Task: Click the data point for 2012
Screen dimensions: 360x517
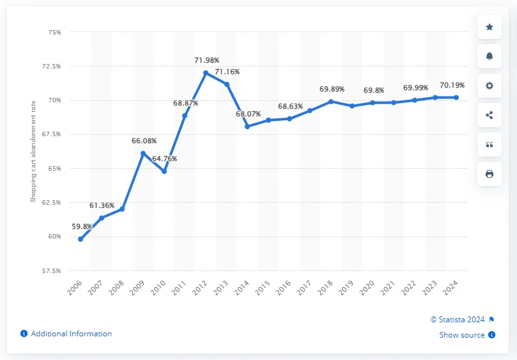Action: click(x=206, y=73)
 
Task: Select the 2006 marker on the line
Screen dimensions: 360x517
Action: click(x=81, y=239)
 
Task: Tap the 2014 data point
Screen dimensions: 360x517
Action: click(x=247, y=126)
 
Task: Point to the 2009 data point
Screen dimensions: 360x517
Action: click(x=143, y=153)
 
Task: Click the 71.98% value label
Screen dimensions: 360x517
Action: click(x=206, y=60)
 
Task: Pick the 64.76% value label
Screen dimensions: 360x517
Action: click(x=164, y=159)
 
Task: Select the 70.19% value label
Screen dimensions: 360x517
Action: click(x=452, y=84)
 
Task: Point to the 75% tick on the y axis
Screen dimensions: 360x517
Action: click(x=54, y=32)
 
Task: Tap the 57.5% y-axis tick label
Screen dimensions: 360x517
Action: click(x=52, y=270)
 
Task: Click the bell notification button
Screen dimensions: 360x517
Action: click(x=490, y=56)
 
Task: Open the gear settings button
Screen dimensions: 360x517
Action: click(x=490, y=86)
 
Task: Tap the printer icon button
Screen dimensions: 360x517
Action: click(x=490, y=174)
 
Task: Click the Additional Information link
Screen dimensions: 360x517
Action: click(x=71, y=334)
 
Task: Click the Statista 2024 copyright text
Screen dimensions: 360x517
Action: click(x=458, y=319)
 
